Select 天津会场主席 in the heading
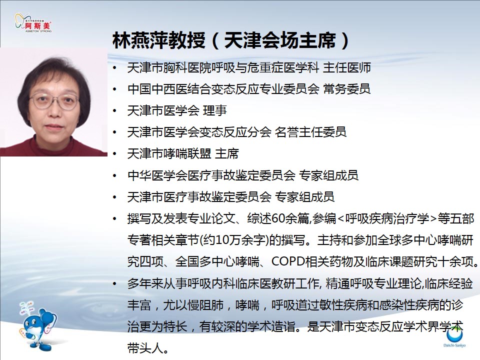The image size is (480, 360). (x=280, y=40)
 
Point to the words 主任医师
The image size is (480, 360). (x=347, y=67)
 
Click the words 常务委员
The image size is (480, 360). (x=347, y=89)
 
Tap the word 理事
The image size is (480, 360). (x=215, y=110)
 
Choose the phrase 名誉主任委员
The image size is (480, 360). (x=310, y=132)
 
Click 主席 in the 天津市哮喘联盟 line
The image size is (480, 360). (x=227, y=153)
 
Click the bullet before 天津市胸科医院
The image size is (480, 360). (x=115, y=68)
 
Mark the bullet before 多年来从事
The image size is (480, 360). (x=115, y=284)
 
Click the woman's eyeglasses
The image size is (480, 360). (x=54, y=101)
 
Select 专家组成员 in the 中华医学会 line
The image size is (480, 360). (x=328, y=175)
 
